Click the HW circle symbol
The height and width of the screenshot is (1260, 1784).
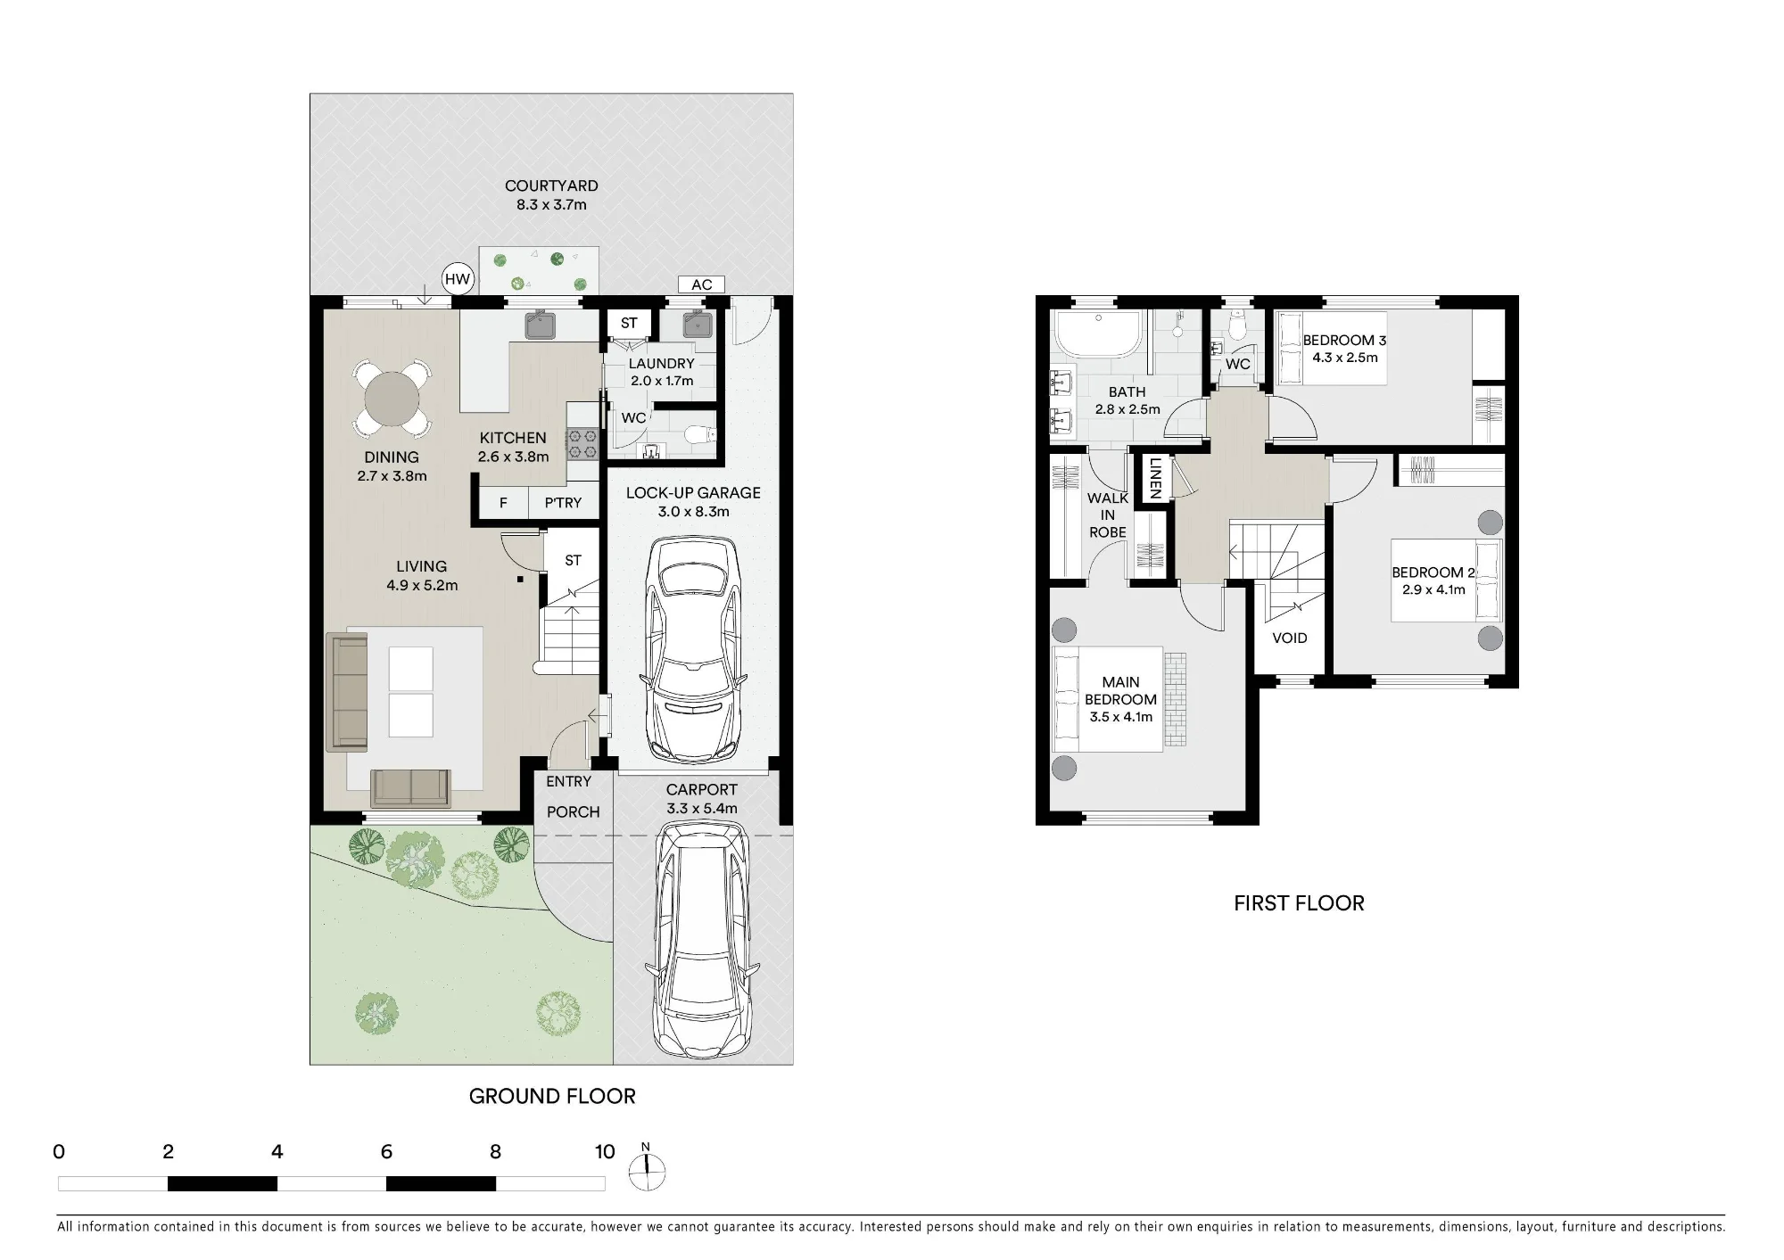457,280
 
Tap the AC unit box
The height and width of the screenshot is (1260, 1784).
701,284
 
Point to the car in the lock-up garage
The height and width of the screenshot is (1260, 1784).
693,648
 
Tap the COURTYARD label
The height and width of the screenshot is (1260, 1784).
551,185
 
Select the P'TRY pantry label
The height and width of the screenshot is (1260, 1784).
563,503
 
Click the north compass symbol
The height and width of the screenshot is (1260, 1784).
647,1170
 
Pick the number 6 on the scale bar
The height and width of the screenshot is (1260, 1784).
386,1151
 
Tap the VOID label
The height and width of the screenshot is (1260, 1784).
1289,638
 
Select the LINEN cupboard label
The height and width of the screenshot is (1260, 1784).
1155,478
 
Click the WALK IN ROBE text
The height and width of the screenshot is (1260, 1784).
1107,515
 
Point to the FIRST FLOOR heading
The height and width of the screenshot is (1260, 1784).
1299,903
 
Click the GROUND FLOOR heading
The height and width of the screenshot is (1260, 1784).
552,1097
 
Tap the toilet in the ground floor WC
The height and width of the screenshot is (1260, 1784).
698,434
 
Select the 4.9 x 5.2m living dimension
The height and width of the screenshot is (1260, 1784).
422,586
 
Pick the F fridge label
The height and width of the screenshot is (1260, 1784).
503,503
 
